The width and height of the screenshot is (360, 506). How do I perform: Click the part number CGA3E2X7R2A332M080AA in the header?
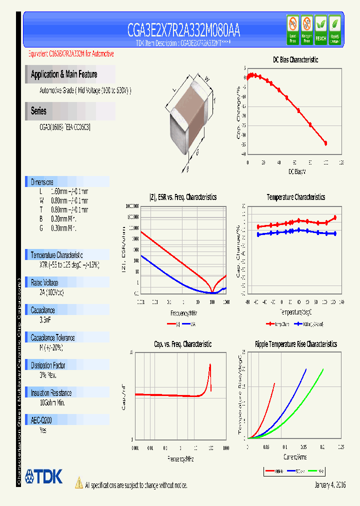coord(183,30)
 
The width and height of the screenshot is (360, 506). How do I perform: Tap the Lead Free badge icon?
coord(292,28)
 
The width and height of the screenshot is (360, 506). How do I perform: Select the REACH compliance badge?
coord(320,28)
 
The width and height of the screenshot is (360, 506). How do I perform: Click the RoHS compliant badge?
coord(335,28)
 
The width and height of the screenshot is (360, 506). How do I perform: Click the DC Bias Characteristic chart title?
coord(295,59)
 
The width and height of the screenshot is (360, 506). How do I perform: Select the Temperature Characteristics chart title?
coord(295,197)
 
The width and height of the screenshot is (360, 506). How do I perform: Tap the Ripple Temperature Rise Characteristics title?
coord(295,344)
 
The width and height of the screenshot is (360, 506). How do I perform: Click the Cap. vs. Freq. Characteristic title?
coord(182,344)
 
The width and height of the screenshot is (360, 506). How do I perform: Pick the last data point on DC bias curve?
coord(326,143)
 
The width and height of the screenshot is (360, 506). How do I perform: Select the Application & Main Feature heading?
coord(64,74)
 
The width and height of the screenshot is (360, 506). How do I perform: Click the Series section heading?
coord(38,111)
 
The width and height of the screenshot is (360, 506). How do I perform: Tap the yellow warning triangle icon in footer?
coord(78,482)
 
